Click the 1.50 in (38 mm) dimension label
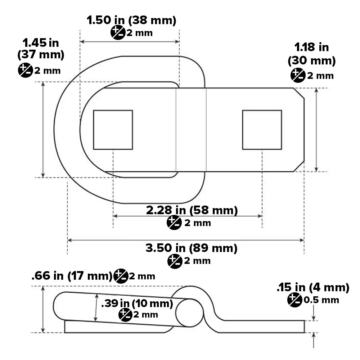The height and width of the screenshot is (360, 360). [131, 21]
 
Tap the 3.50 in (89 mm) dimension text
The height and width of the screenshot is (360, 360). [192, 248]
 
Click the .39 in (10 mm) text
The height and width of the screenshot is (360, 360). [137, 303]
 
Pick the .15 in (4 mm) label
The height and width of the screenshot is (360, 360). [313, 288]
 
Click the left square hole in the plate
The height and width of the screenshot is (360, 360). [113, 130]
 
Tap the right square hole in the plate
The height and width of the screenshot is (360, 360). [262, 130]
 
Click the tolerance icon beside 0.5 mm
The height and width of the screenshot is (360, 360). [294, 300]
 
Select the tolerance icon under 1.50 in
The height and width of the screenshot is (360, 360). [117, 33]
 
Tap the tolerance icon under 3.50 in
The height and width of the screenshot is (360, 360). [175, 261]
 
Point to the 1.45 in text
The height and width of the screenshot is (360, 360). [41, 43]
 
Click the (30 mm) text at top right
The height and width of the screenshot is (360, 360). [311, 61]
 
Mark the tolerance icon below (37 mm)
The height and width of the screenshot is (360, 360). [25, 70]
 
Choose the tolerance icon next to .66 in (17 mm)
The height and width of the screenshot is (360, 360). [121, 276]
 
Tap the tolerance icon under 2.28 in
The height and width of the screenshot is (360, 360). [174, 223]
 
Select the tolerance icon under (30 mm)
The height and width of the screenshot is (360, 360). [297, 75]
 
